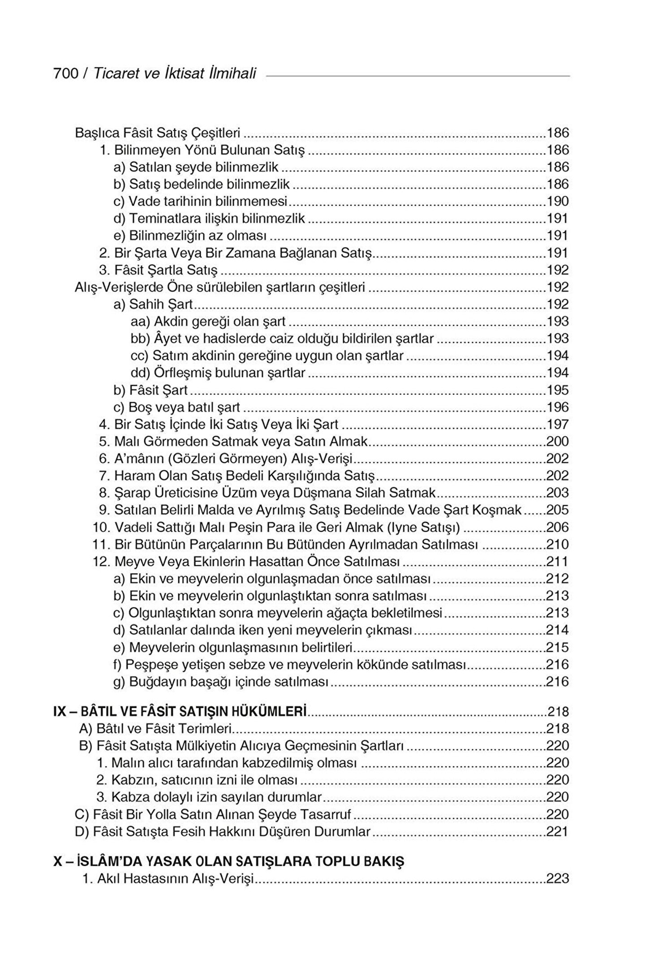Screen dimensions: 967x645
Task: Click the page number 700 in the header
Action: coord(65,73)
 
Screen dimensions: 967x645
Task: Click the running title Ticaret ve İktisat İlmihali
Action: coord(174,73)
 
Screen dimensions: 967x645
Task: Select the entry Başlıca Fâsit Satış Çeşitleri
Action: coord(158,133)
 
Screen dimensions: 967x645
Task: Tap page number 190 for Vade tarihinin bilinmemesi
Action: coord(558,201)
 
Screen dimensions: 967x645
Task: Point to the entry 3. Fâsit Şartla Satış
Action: coord(158,270)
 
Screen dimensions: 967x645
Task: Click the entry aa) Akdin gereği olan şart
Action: coord(208,321)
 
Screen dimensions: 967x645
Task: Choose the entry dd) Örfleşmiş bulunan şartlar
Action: coord(218,372)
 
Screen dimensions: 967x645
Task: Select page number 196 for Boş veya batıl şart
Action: coord(558,407)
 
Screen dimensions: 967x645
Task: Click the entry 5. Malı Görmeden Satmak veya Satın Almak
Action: coord(233,441)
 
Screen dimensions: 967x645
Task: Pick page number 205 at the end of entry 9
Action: coord(558,510)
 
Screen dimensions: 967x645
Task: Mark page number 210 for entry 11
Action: coord(558,544)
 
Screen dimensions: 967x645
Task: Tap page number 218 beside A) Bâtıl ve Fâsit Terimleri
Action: coord(558,729)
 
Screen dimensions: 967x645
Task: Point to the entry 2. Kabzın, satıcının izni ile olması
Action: coord(197,780)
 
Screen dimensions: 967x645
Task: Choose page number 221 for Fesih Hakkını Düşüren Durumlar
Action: coord(558,832)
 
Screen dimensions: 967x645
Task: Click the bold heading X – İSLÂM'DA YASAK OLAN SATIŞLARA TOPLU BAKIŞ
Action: coord(228,861)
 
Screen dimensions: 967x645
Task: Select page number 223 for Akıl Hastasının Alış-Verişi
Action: coord(558,878)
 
